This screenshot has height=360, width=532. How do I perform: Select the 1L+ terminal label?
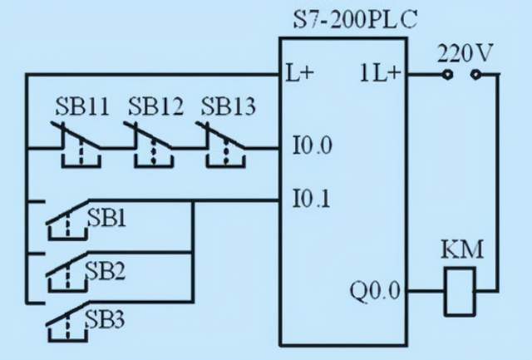click(380, 73)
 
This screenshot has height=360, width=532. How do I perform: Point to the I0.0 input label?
click(312, 147)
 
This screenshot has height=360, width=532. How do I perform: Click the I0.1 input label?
click(312, 199)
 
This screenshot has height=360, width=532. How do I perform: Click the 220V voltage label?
click(465, 54)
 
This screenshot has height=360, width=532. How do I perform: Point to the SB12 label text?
click(155, 107)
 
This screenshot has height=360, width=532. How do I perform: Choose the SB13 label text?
click(229, 107)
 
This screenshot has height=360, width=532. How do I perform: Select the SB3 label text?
click(106, 319)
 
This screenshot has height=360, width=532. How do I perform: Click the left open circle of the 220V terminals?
click(447, 74)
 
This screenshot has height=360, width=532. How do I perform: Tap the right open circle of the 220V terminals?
click(475, 74)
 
